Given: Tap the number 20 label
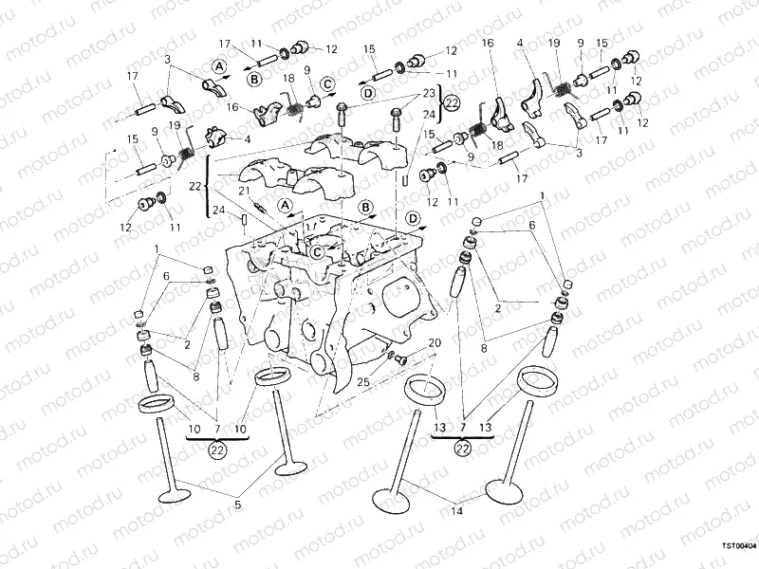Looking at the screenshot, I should pos(435,342).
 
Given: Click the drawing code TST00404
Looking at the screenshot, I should pos(737,546).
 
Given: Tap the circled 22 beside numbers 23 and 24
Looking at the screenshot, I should pos(453,103).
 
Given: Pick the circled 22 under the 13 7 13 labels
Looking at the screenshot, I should pos(463,448).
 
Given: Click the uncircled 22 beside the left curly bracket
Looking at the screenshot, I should pos(195,186).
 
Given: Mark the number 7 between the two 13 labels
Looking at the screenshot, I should pos(463,428).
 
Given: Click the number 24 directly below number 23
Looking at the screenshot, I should pos(429,115).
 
